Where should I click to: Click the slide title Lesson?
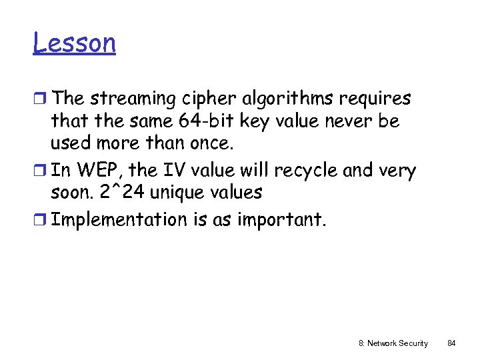pos(74,44)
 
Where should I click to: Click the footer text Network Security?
pos(399,343)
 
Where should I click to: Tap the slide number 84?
pos(451,343)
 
